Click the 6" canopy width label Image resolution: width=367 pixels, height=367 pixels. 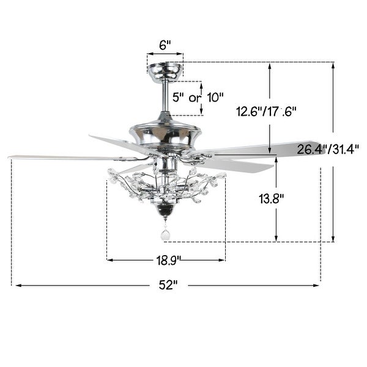pos(165,45)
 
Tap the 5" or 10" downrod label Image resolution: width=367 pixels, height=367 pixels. pos(198,97)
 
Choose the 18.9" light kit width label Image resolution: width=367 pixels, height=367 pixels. pos(167,260)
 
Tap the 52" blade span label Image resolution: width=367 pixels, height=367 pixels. pos(167,284)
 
